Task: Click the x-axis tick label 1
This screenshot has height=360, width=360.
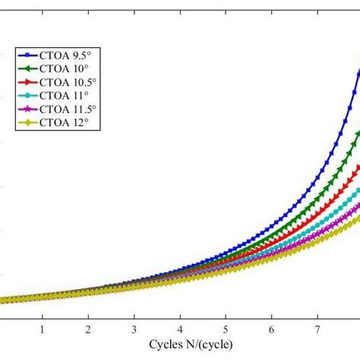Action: click(x=43, y=330)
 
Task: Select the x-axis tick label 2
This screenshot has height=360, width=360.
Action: click(x=88, y=330)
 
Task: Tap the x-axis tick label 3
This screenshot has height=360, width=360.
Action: click(x=134, y=330)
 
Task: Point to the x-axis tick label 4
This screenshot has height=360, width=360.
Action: click(x=180, y=330)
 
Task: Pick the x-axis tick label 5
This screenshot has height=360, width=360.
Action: click(x=226, y=330)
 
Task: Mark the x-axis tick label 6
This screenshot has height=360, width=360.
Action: click(x=271, y=330)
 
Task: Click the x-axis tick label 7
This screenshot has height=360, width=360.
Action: click(x=317, y=330)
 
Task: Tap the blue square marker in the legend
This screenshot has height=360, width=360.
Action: click(x=26, y=55)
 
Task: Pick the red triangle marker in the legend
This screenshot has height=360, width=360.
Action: click(x=26, y=81)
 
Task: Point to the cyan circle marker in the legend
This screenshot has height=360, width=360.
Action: click(x=26, y=94)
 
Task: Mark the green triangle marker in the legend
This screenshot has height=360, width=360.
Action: click(x=26, y=68)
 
